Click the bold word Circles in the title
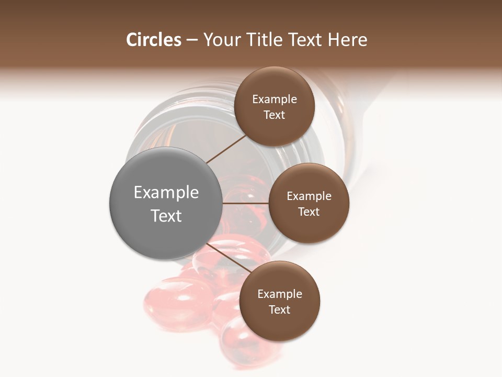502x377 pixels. (x=153, y=40)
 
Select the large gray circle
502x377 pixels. (x=166, y=203)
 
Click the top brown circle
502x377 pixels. (x=275, y=106)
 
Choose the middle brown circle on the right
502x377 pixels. (x=309, y=203)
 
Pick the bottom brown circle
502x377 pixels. (x=279, y=301)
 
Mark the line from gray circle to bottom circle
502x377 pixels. (x=229, y=258)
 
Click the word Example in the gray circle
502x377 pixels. (x=166, y=193)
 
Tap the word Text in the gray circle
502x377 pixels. (x=166, y=215)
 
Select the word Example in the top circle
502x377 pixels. (x=275, y=99)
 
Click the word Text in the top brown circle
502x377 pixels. (x=275, y=115)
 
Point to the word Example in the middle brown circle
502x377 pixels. (x=309, y=196)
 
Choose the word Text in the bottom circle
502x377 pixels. (x=279, y=309)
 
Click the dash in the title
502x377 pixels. (x=191, y=40)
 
